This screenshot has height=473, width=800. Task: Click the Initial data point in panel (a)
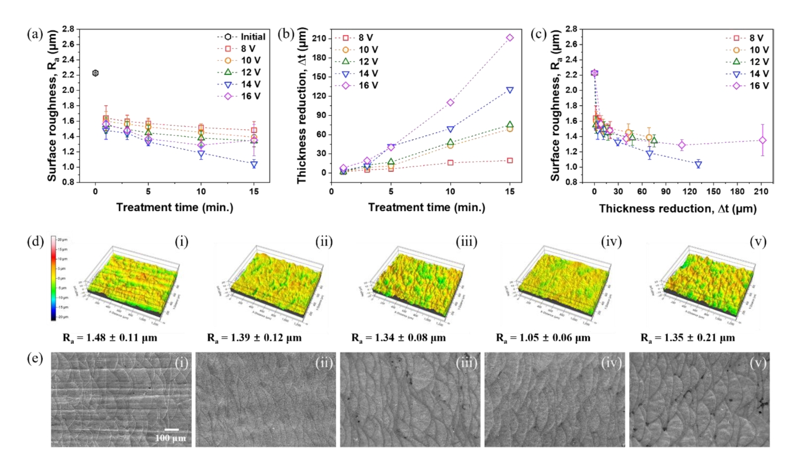[96, 73]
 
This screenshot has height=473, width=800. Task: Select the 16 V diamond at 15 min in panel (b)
[510, 38]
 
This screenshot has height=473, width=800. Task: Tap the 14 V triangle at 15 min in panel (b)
[510, 90]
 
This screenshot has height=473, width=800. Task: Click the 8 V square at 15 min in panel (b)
[510, 161]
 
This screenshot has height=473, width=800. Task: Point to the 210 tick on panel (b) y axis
[320, 38]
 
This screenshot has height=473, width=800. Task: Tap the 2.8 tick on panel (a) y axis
[68, 29]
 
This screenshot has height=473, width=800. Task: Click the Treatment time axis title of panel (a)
[175, 207]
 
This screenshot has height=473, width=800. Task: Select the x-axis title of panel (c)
[678, 208]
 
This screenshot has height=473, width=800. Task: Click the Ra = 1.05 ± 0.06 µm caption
[543, 337]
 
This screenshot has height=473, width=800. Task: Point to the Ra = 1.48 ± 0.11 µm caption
[110, 337]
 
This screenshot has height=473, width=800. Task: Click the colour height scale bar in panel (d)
[53, 278]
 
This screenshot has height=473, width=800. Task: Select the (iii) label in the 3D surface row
[466, 242]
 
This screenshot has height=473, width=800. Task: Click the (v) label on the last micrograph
[758, 363]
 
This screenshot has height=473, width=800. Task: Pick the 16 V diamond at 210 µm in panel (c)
[763, 140]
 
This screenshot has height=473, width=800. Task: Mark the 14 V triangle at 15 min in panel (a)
[254, 164]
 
